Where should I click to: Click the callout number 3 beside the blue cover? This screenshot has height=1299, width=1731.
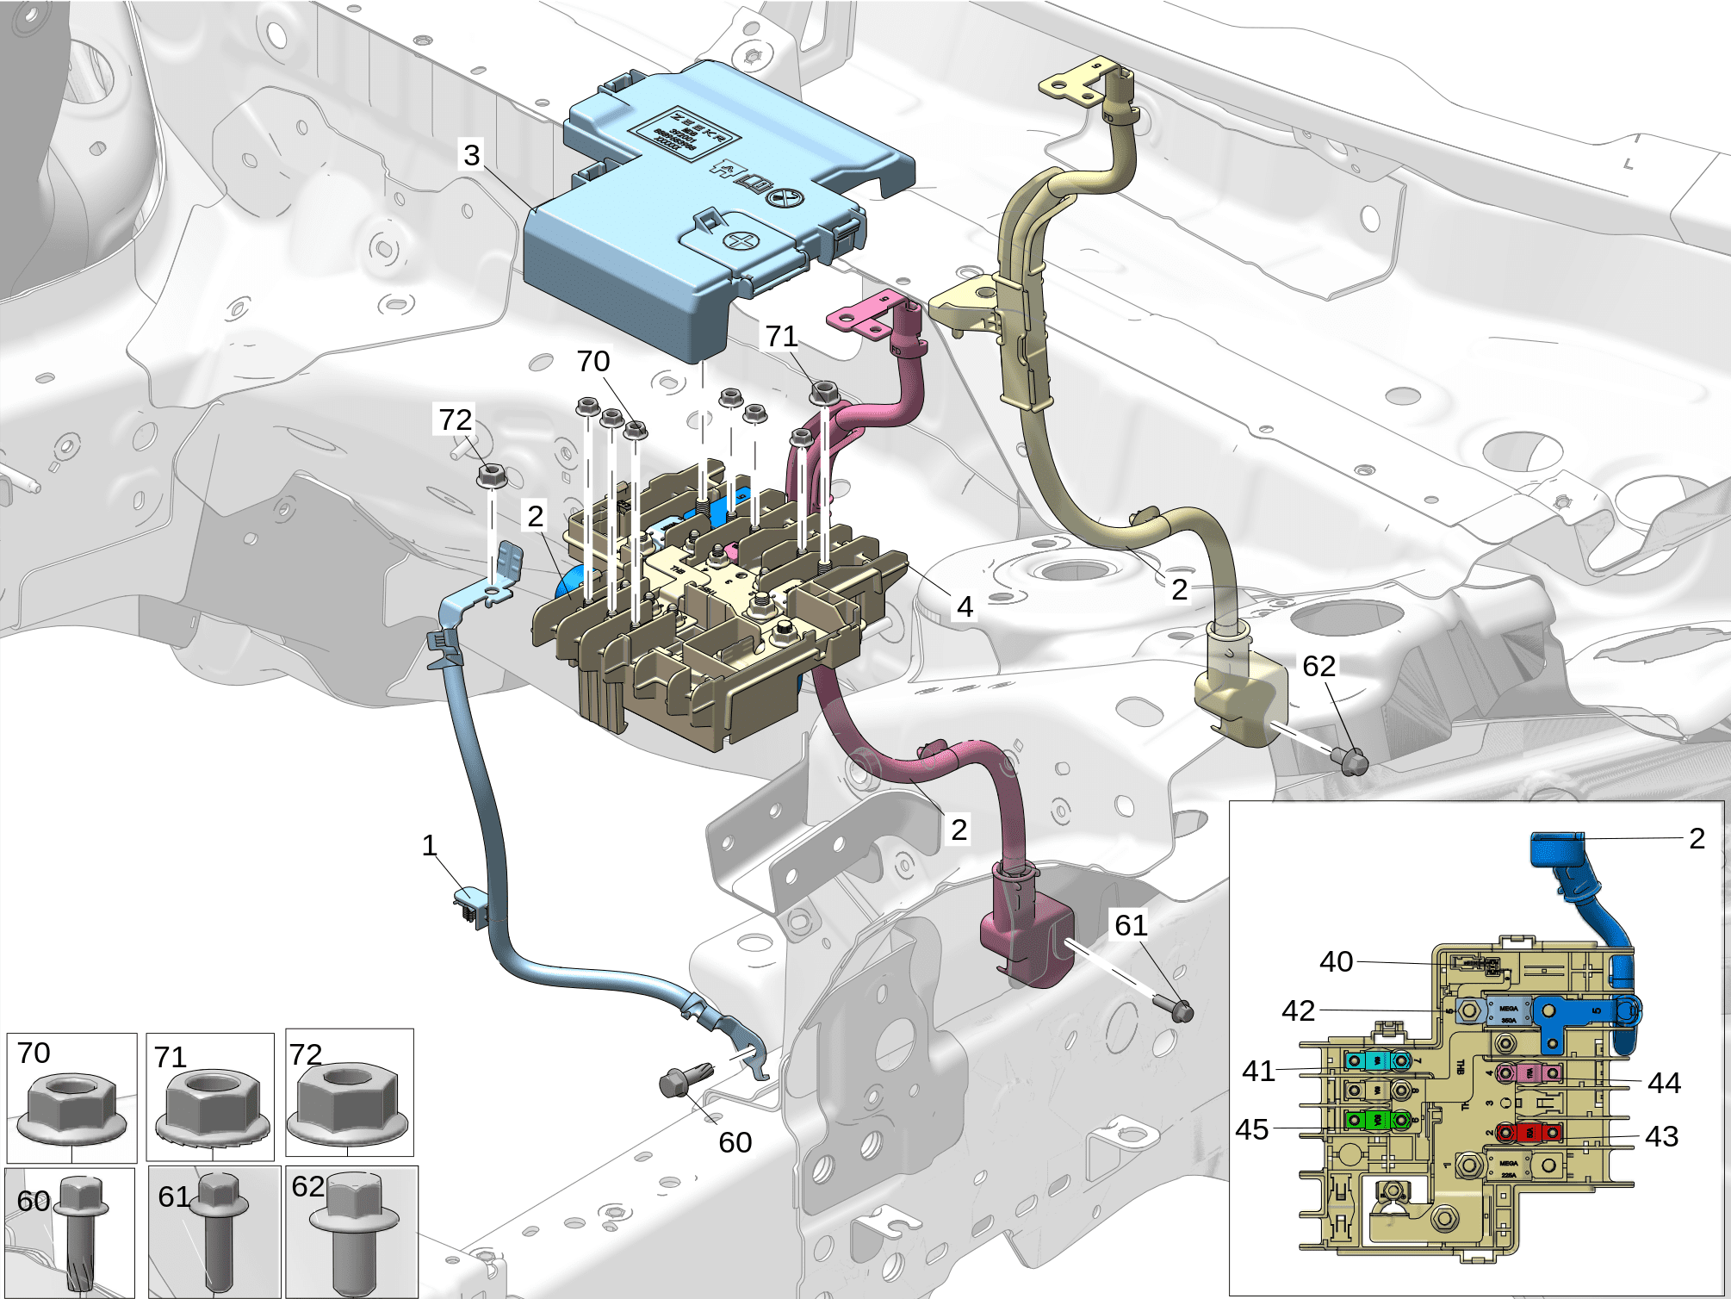471,155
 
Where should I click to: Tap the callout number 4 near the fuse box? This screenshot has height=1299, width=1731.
965,607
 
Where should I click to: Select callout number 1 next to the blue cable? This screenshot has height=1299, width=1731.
430,846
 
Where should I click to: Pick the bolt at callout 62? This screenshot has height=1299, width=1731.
1350,760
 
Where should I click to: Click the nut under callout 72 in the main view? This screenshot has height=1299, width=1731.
491,474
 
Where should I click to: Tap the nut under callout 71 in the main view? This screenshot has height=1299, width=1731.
824,393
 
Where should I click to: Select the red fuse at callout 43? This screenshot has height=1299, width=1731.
1529,1132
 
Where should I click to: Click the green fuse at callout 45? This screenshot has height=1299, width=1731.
1377,1120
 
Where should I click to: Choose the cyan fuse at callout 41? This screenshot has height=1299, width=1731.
1377,1060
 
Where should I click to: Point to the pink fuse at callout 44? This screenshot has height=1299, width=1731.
1529,1073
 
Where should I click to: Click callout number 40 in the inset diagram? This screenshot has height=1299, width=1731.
1336,961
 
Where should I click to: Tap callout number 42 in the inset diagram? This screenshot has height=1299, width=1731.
1298,1010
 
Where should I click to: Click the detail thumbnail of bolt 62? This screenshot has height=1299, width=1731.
352,1232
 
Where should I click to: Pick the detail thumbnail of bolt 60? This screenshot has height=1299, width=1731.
71,1232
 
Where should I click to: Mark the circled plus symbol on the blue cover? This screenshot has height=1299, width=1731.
740,239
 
